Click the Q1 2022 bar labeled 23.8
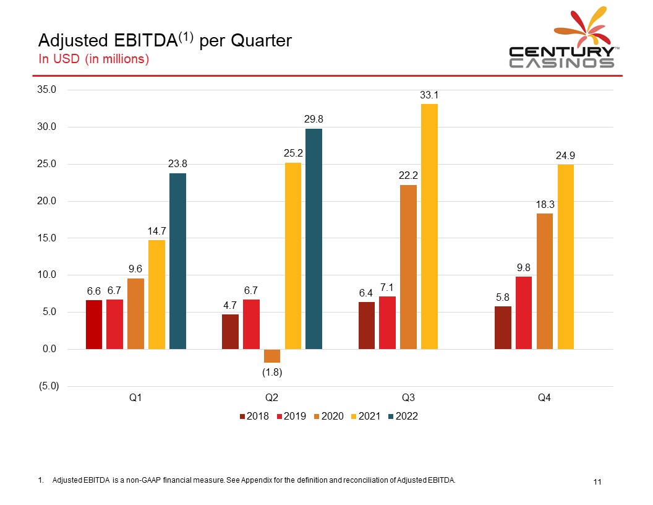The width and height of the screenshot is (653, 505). pos(177,261)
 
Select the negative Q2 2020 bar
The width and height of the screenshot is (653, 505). pos(272,356)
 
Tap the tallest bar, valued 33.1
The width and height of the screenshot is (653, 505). pos(429,227)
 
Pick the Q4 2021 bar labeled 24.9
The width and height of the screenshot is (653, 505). pos(565,257)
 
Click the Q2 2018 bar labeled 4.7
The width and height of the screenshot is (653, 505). pos(230,332)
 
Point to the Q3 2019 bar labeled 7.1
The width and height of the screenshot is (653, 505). pos(387,323)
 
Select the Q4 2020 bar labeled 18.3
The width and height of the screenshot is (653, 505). pos(545,281)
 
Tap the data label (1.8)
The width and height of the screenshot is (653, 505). pos(272,372)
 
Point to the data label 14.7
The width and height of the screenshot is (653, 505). pos(156,231)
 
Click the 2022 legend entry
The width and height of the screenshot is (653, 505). pos(403,417)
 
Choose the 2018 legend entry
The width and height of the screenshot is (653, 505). pos(254,417)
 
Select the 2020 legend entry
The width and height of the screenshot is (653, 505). pos(328,417)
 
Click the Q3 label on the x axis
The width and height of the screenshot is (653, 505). pos(408,398)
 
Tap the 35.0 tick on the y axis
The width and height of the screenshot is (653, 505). pos(48,90)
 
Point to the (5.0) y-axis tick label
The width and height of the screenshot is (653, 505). pos(48,386)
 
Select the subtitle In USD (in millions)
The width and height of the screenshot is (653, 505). pos(94,59)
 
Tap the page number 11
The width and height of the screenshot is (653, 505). pos(597,482)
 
